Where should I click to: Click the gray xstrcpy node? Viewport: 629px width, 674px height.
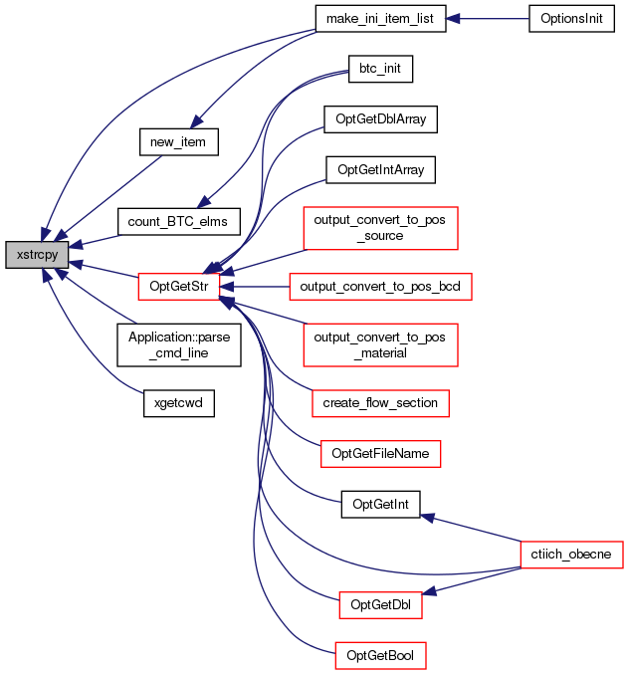tap(37, 255)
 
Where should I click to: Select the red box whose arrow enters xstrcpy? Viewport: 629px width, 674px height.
tap(178, 287)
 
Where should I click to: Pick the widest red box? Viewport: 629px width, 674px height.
tap(380, 287)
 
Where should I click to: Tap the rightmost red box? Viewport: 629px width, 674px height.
tap(571, 555)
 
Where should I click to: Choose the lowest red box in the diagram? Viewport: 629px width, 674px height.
tap(380, 655)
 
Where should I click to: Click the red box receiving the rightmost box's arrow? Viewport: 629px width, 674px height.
tap(380, 604)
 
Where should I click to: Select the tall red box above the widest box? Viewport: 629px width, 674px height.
tap(380, 228)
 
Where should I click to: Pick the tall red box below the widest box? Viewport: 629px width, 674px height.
tap(380, 344)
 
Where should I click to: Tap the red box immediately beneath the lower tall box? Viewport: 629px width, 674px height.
tap(380, 403)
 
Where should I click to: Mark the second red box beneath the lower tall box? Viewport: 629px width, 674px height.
tap(380, 454)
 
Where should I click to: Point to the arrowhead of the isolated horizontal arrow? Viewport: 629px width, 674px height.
tap(453, 19)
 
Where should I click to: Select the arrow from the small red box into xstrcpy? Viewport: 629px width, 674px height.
tap(105, 269)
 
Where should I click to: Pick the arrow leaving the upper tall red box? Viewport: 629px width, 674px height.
tap(264, 258)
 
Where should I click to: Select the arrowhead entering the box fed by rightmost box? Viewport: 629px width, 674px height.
tap(430, 592)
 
